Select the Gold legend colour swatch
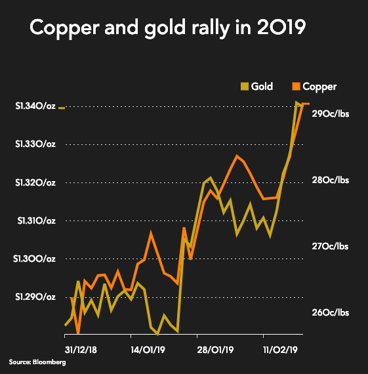pyautogui.click(x=245, y=87)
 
